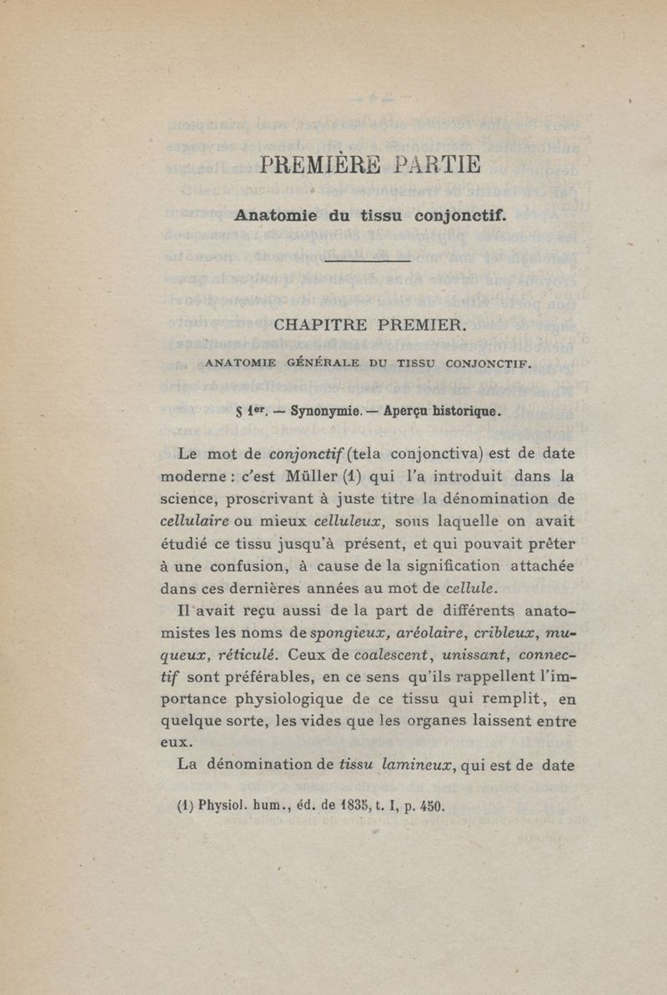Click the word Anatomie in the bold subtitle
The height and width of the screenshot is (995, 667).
click(275, 214)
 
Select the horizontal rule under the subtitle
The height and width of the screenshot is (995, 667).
click(368, 262)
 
